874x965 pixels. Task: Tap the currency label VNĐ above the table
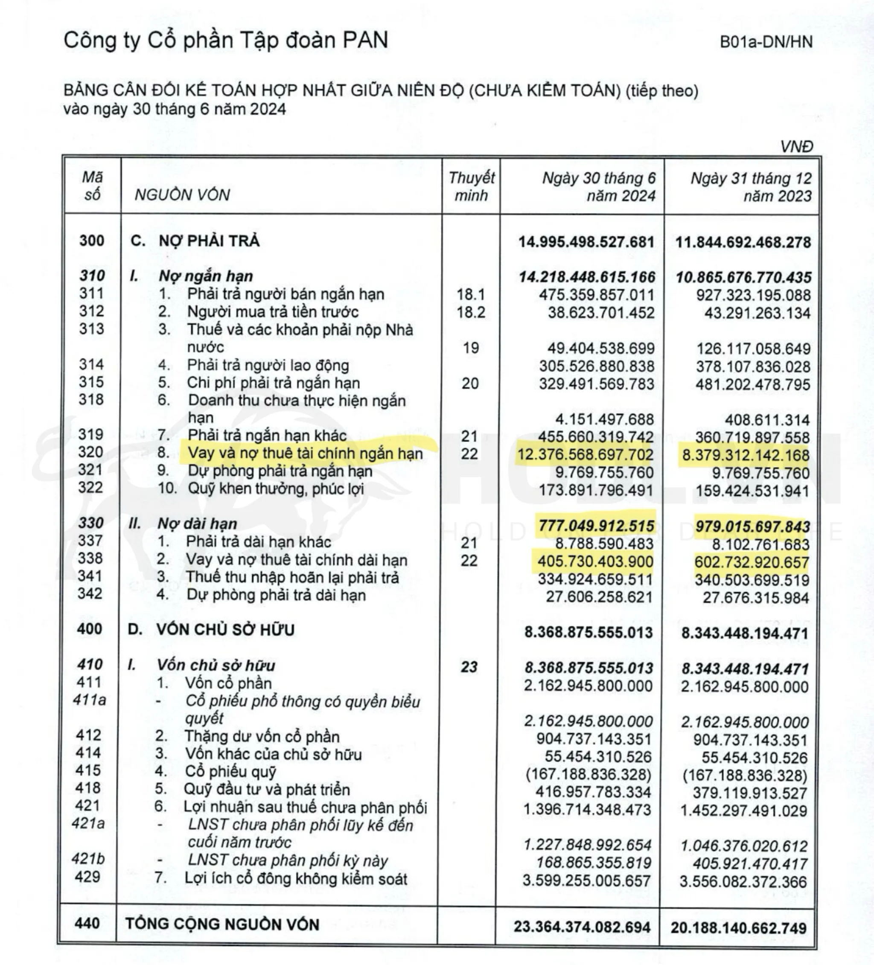click(796, 146)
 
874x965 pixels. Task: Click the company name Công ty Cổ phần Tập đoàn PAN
click(226, 40)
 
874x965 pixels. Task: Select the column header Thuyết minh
click(471, 186)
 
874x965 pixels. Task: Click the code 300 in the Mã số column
click(91, 240)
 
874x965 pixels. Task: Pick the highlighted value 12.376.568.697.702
click(585, 454)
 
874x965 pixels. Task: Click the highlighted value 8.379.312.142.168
click(746, 455)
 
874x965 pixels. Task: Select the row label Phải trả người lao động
click(268, 365)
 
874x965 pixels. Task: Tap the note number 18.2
click(470, 312)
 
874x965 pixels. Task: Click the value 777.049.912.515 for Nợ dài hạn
click(596, 526)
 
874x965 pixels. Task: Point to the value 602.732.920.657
click(752, 562)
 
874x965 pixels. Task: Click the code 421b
click(88, 859)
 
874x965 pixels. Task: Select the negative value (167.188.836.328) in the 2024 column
click(588, 774)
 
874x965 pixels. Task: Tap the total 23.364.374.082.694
click(583, 927)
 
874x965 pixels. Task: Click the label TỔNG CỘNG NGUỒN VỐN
click(222, 924)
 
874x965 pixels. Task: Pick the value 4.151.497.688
click(604, 419)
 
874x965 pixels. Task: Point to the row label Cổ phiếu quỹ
click(230, 772)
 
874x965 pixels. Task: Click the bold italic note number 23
click(469, 667)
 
